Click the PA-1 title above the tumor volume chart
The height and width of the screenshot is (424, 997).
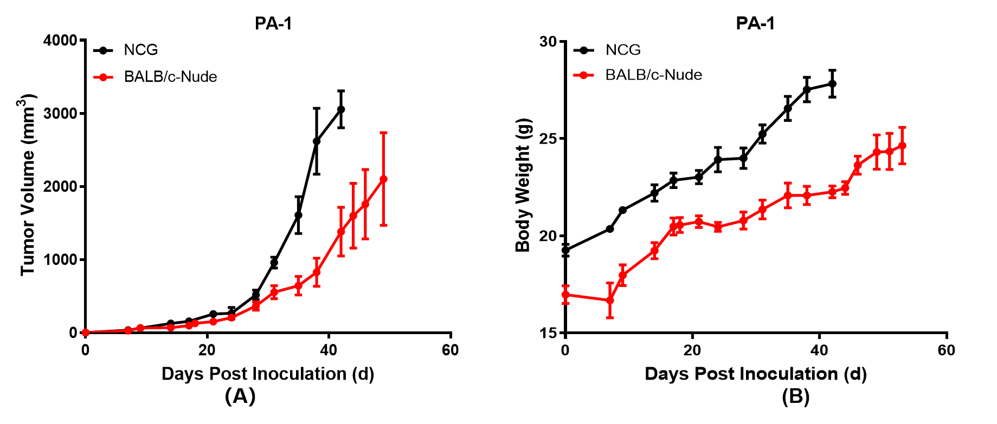(273, 23)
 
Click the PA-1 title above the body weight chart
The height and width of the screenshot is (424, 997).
(755, 23)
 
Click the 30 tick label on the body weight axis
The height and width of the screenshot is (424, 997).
(548, 42)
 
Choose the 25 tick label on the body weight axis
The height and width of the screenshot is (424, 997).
(548, 139)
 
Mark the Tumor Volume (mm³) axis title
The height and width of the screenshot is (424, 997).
(28, 185)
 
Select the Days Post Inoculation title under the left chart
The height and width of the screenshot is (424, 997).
(268, 374)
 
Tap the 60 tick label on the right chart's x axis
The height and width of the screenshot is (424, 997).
(947, 350)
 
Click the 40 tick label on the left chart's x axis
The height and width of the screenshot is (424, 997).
(329, 350)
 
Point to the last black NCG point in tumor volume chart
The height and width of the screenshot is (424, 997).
(341, 109)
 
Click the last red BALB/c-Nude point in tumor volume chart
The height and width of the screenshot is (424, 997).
(383, 179)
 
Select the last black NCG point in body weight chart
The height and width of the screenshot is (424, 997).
(832, 83)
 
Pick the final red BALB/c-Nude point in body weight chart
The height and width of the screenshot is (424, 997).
(902, 146)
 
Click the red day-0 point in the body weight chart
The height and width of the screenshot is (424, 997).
(565, 295)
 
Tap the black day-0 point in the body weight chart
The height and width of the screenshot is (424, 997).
(565, 250)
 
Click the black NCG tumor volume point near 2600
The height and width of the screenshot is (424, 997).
(317, 141)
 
